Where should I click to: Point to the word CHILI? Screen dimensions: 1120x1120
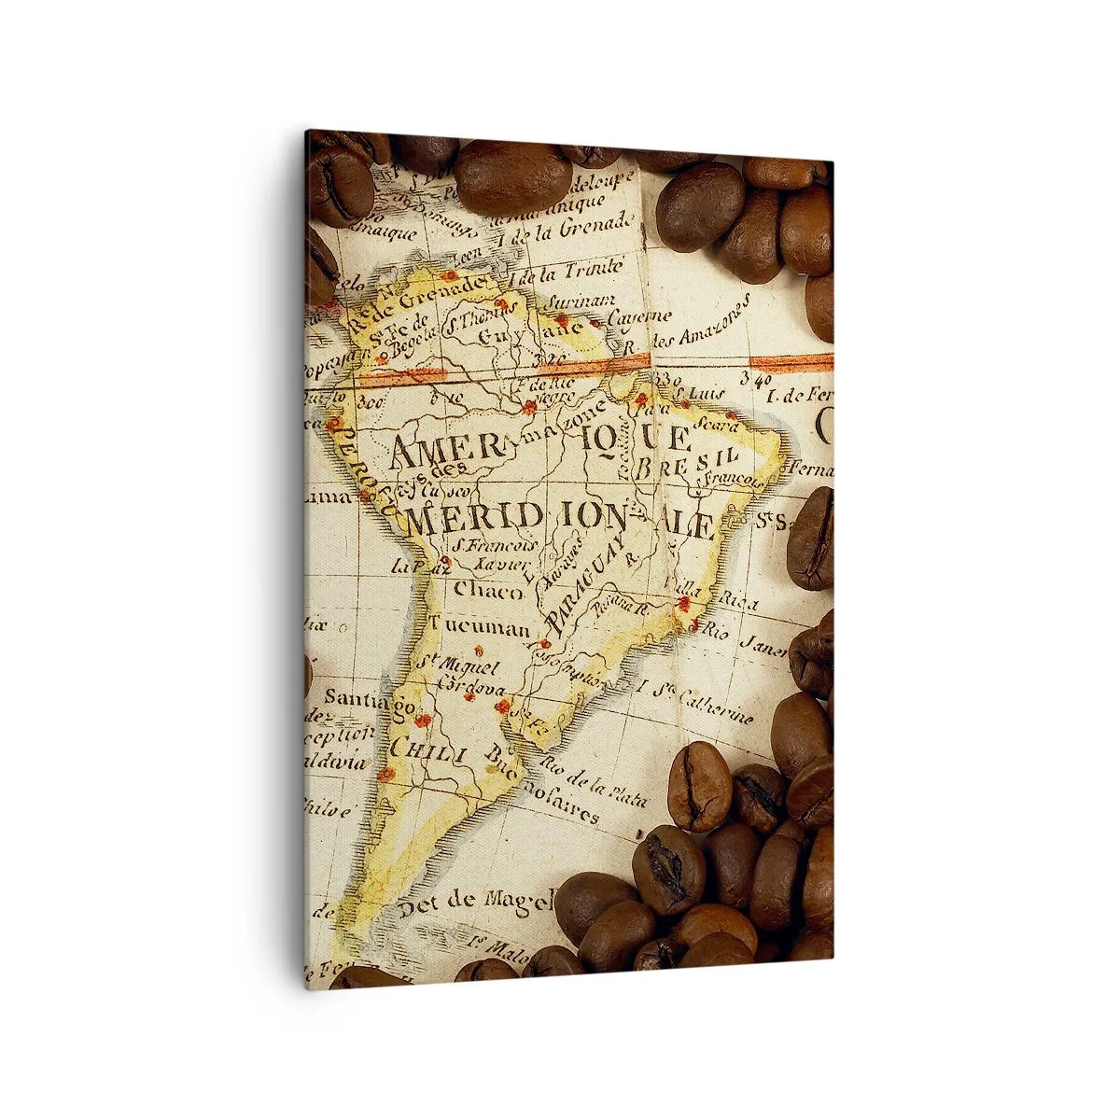coord(427,748)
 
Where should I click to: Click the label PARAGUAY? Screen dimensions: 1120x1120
coord(587,580)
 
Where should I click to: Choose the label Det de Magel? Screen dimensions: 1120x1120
coord(475,903)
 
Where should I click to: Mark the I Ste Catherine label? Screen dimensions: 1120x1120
coord(695,702)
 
